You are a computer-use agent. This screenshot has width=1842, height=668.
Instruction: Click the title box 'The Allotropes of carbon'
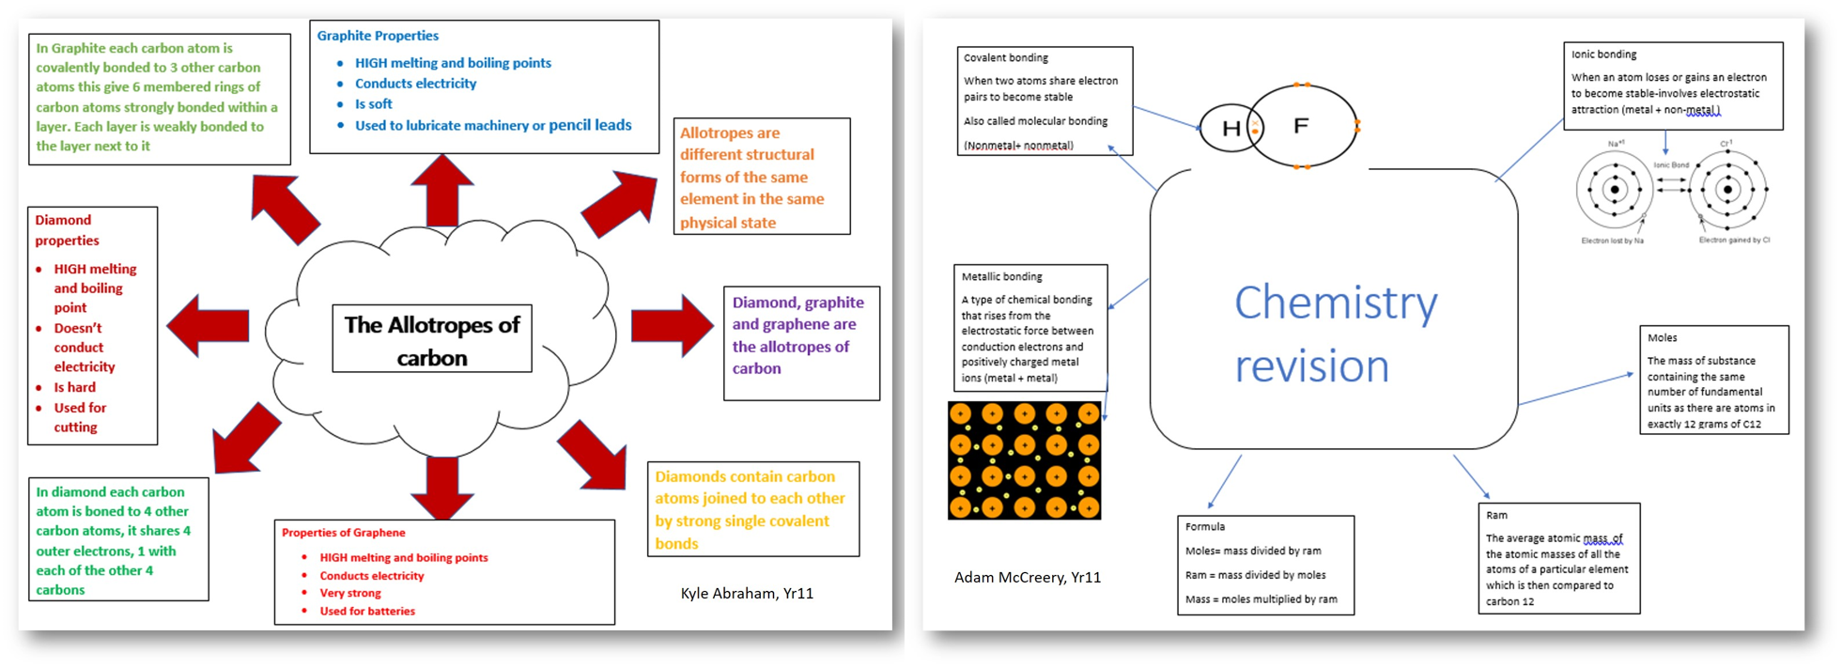click(432, 339)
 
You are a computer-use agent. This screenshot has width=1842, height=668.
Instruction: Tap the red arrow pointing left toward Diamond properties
click(209, 325)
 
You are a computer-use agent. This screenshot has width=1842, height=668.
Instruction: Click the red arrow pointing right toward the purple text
click(671, 325)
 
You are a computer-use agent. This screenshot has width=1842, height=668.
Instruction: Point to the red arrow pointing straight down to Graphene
click(441, 487)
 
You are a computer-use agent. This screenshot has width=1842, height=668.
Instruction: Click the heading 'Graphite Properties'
click(378, 36)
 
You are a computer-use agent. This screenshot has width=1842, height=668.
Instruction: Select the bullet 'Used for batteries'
click(367, 611)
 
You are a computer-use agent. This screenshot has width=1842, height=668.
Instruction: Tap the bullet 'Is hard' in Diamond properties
click(75, 387)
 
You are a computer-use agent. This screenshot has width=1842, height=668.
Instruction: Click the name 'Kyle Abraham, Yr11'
click(747, 593)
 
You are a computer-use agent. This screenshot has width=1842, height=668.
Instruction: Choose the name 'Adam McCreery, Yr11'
click(1028, 577)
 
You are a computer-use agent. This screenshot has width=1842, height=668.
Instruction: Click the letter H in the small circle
click(1231, 129)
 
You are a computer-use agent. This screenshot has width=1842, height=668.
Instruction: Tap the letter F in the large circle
click(1301, 125)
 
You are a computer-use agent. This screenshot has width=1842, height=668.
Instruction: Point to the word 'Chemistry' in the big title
click(1336, 303)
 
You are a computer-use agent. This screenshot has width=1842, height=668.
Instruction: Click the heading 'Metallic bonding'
click(1001, 276)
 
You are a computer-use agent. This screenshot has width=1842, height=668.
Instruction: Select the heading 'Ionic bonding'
click(1603, 54)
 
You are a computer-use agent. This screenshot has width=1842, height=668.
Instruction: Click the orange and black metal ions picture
click(1024, 460)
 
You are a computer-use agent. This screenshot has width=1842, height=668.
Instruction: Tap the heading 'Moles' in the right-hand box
click(1662, 337)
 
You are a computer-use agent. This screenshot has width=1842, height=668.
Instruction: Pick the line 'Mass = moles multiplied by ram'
click(1261, 598)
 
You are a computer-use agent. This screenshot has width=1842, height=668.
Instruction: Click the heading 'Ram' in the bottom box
click(1496, 515)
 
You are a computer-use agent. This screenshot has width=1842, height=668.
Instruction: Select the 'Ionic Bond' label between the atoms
click(1671, 165)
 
